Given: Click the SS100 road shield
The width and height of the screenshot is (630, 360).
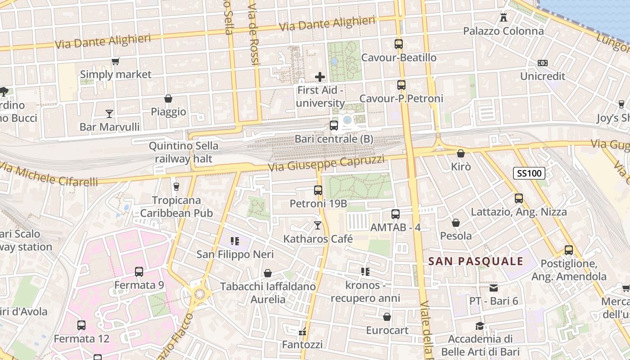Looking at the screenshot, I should pos(529,173).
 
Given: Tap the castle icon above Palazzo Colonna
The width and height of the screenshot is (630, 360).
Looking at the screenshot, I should pos(504,18).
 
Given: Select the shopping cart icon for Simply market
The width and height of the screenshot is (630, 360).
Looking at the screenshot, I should pos(116,61).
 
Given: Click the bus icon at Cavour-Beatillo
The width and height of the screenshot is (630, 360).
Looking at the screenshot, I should pos(399,44).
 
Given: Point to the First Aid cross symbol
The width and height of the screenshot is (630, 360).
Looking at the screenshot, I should pos(320,77).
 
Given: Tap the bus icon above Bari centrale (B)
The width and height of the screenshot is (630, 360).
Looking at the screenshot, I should pos(334,126).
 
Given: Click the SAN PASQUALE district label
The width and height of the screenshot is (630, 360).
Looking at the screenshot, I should pos(476,261).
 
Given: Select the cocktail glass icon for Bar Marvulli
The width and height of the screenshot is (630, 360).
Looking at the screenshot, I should pos(109,113).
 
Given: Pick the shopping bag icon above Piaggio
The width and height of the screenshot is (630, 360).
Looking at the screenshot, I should pos(168,99).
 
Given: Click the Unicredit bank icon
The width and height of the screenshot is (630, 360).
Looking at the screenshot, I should pos(543,63).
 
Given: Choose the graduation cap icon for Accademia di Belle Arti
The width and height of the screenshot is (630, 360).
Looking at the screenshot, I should pos(480,326).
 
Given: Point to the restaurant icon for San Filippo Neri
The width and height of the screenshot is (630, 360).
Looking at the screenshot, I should pos(234,241).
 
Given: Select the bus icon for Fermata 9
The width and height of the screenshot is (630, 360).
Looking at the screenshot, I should pos(139,272).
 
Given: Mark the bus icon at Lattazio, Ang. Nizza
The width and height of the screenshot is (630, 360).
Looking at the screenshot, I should pos(518,198).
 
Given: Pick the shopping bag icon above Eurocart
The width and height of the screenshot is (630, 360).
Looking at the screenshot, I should pos(387,317).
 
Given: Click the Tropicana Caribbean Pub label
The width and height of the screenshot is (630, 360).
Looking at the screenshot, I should pos(176,207).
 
